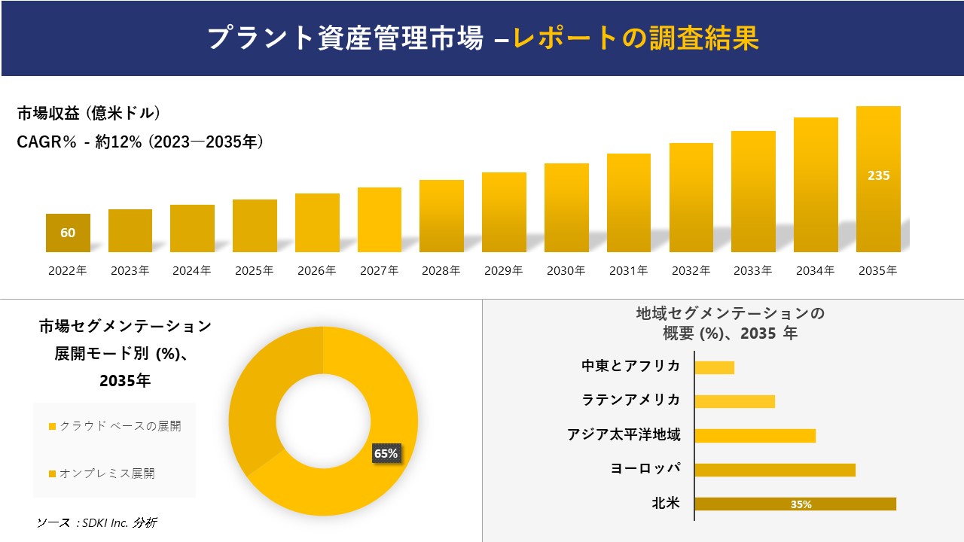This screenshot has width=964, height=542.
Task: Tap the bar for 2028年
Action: tap(441, 216)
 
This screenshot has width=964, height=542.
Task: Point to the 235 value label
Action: tap(878, 175)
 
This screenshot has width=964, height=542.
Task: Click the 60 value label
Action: tap(68, 233)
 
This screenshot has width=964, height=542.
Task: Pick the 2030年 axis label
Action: tap(566, 271)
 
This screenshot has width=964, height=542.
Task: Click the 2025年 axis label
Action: tap(254, 271)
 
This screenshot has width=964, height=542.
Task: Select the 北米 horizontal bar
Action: tap(795, 504)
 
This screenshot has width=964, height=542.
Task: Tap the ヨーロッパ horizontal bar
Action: tap(774, 470)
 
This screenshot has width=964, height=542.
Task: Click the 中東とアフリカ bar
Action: tap(714, 367)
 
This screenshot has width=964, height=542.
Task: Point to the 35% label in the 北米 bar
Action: tap(801, 504)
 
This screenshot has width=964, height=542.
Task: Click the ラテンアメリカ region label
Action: tap(631, 400)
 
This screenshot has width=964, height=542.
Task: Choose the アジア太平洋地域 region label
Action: tap(624, 434)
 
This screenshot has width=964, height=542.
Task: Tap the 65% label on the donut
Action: tap(386, 453)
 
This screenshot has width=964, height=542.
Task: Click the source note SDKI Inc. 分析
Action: tap(97, 522)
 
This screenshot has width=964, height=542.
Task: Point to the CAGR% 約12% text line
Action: tap(140, 142)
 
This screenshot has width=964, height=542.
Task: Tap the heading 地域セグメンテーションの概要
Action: tap(730, 323)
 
